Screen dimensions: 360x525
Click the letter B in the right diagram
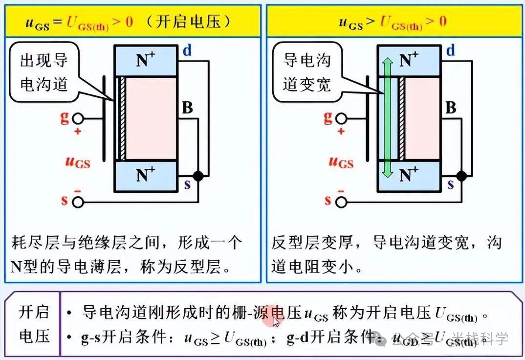tap(450, 108)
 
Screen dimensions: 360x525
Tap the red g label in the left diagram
tap(65, 117)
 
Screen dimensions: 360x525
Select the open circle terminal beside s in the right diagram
tap(341, 202)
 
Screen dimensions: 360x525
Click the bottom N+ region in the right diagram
tap(408, 175)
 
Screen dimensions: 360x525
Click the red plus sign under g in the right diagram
tap(341, 131)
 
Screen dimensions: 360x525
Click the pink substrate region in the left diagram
tap(151, 117)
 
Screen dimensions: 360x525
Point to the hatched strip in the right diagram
tap(401, 117)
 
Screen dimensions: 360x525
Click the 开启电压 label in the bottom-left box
tap(34, 324)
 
